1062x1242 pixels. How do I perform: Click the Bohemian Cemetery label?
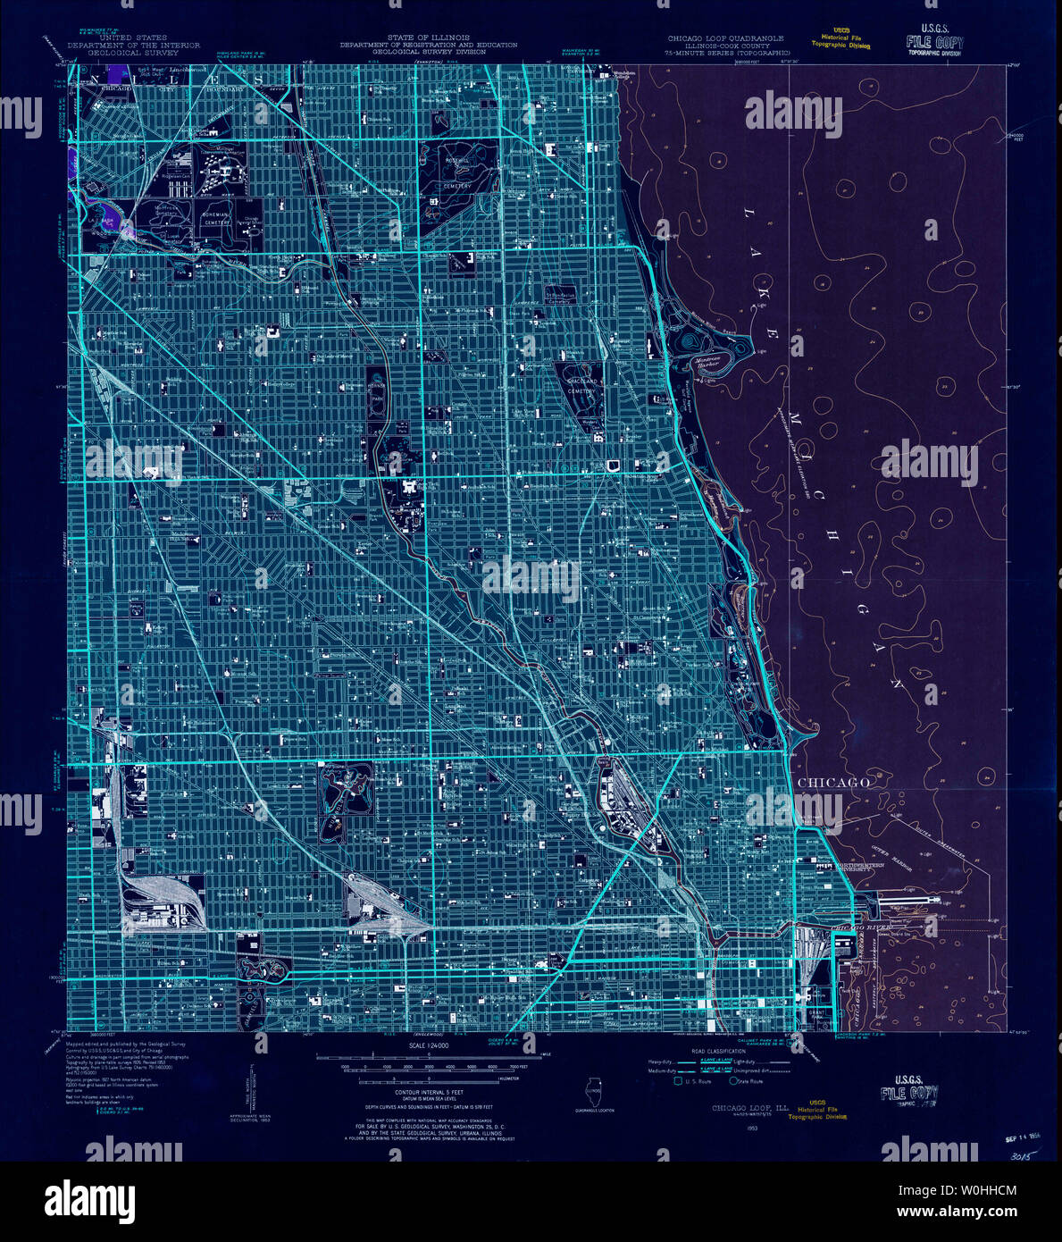pos(215,219)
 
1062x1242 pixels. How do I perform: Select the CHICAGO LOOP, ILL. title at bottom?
pos(745,1109)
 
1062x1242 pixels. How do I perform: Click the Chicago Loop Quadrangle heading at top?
pos(725,39)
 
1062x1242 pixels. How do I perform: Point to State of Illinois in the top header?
pos(427,38)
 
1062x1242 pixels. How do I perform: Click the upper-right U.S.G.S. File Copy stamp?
pos(934,41)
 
